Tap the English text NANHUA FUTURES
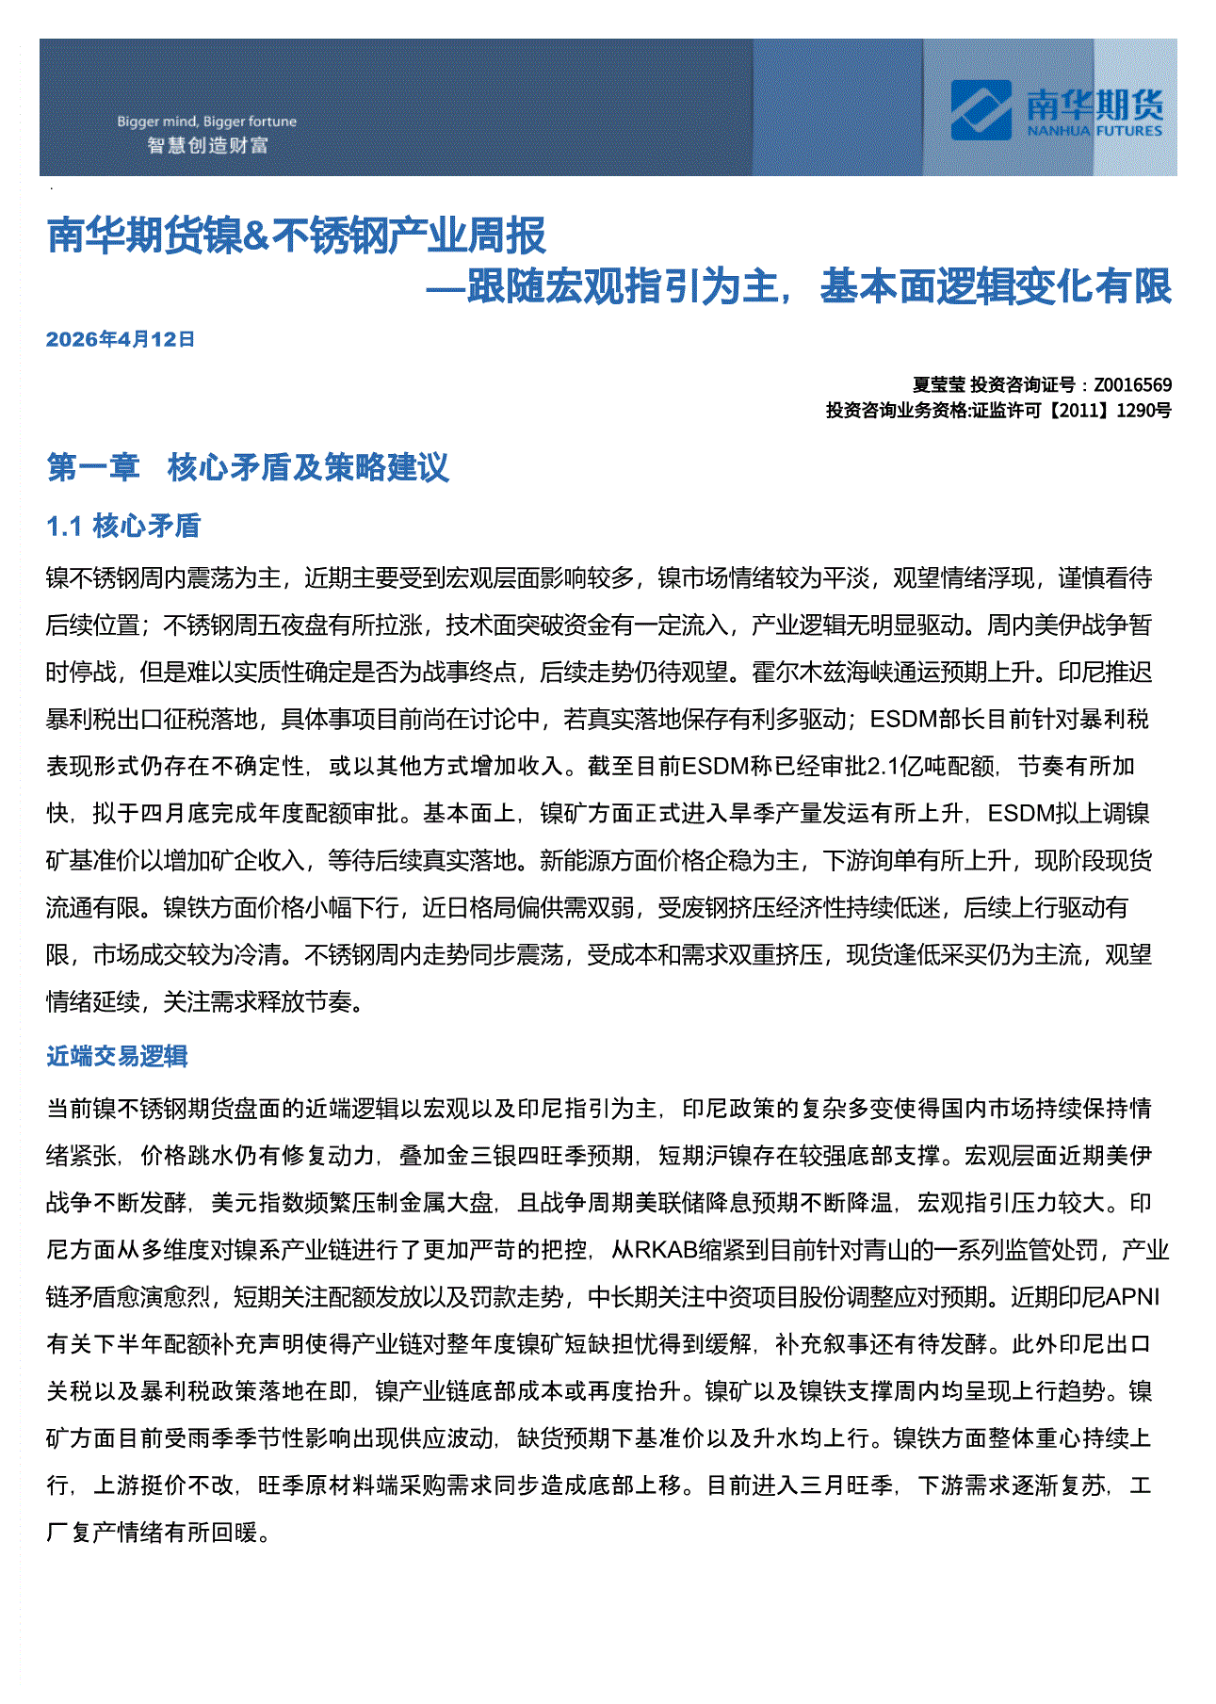tap(1094, 131)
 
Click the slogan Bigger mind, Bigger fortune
tap(206, 122)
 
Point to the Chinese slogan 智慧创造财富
tap(207, 145)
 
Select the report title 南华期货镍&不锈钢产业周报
tap(297, 235)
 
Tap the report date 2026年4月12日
tap(121, 340)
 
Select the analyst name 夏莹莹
tap(938, 384)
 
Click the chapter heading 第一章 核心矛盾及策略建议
tap(248, 467)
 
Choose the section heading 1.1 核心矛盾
tap(123, 526)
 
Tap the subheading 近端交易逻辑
tap(117, 1056)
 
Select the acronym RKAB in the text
tap(665, 1250)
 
